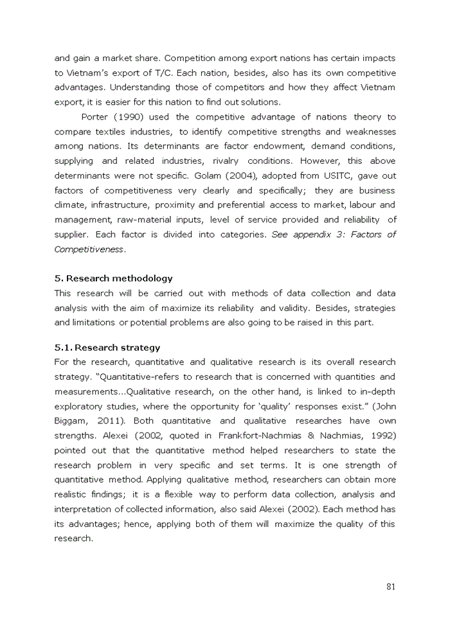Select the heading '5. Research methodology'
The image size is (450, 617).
click(113, 278)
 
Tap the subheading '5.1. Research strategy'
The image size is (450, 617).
click(107, 348)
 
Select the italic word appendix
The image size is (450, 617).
click(315, 235)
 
